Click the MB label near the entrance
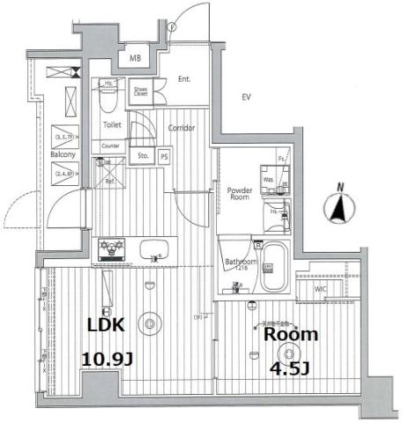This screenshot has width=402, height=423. (136, 58)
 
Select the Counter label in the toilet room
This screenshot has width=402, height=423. (110, 145)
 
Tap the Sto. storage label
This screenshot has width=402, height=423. (143, 158)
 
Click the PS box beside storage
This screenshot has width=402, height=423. (164, 158)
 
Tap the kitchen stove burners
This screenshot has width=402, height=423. (113, 248)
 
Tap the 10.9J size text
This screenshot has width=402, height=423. (108, 360)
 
